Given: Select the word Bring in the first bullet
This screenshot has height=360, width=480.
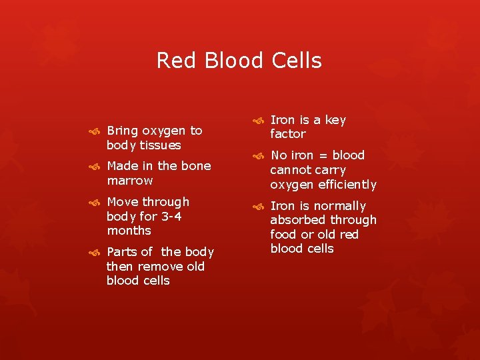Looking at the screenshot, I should click(x=123, y=131).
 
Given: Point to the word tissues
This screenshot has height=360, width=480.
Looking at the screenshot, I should click(x=160, y=145).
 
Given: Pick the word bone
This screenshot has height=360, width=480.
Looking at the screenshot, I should click(x=196, y=166).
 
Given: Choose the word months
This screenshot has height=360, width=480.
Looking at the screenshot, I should click(x=129, y=231).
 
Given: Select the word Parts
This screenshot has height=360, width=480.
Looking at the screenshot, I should click(x=121, y=252).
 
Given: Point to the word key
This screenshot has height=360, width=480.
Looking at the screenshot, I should click(x=335, y=120).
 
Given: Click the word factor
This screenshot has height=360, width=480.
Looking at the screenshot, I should click(x=287, y=134).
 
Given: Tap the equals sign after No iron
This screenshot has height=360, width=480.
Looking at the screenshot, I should click(x=322, y=155).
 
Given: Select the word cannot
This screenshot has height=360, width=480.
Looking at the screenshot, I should click(x=289, y=170).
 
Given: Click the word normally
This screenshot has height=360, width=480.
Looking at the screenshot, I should click(x=339, y=206).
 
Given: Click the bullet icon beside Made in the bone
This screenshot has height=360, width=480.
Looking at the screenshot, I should click(x=94, y=167).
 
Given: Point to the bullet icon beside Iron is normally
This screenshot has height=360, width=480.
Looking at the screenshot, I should click(x=257, y=207).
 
